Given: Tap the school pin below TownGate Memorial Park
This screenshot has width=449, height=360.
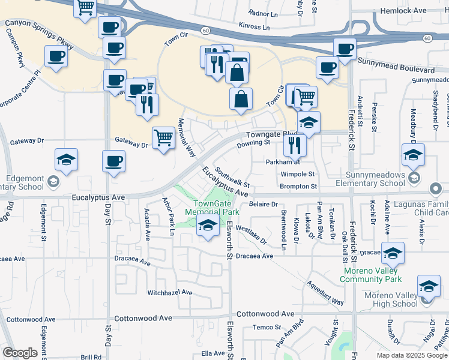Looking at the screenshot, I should [208, 226].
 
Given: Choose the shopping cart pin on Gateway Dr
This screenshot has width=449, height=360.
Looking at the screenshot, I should [164, 138].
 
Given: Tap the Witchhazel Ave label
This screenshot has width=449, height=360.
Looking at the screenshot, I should [170, 292].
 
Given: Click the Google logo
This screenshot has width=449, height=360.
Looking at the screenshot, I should [20, 353].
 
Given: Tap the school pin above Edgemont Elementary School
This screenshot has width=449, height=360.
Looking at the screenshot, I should [67, 160].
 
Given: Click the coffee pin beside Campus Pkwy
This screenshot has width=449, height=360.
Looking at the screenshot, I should [56, 56].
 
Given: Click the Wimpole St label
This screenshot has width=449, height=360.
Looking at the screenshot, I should [298, 174].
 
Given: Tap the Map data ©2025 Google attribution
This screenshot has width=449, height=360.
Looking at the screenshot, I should [411, 355].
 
